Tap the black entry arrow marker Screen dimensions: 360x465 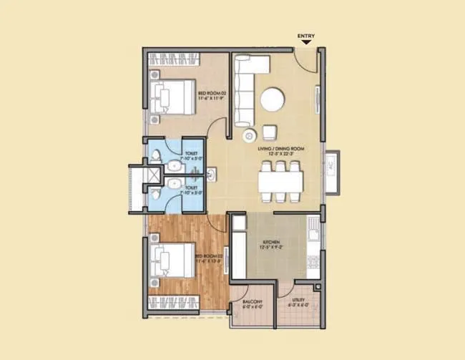305,42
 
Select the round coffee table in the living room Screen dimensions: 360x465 272,99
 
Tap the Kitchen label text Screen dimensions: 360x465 270,243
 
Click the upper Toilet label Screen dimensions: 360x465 192,153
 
